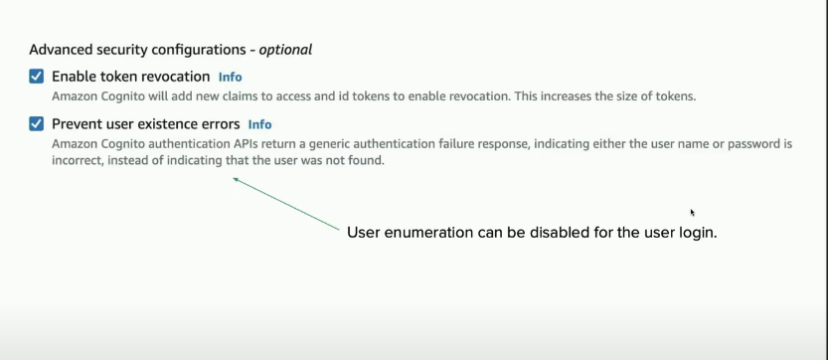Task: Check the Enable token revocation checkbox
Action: [37, 77]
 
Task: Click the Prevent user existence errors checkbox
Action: [37, 124]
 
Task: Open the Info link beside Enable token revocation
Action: [231, 78]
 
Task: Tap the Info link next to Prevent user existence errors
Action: [259, 124]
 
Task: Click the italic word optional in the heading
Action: [285, 50]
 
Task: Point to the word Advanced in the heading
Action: [56, 50]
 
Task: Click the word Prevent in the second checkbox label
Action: [73, 124]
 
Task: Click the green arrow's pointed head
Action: [234, 179]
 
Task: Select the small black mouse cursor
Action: [692, 213]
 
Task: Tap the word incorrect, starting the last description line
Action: [78, 160]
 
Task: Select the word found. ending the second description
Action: [368, 160]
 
